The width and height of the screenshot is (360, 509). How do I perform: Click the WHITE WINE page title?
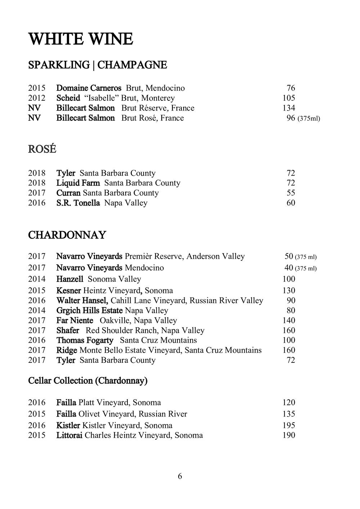[x=81, y=39]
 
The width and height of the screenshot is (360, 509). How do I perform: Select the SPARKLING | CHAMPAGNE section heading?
[x=98, y=65]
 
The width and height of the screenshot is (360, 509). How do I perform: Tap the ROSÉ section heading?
[x=42, y=149]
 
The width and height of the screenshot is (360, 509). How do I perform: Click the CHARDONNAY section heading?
[x=67, y=235]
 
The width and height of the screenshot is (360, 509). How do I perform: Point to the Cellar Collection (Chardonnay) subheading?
[x=88, y=380]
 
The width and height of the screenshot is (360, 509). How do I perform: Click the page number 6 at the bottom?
[x=180, y=476]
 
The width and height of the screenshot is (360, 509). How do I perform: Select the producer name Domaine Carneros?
[x=89, y=88]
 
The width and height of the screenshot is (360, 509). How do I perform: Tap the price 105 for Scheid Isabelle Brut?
[x=289, y=98]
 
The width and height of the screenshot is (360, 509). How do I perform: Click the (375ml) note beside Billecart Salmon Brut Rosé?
[x=309, y=118]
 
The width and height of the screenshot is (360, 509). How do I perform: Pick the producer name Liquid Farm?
[x=78, y=183]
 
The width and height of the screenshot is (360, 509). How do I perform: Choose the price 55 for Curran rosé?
[x=291, y=193]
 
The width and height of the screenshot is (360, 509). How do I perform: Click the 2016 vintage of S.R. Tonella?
[x=37, y=203]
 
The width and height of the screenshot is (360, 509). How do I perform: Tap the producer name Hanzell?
[x=70, y=279]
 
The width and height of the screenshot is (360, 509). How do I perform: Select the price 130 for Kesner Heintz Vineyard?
[x=289, y=290]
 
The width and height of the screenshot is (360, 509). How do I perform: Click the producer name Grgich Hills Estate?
[x=90, y=310]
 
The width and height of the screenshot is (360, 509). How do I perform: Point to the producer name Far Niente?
[x=75, y=320]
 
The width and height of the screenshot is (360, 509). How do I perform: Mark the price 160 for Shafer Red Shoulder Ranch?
[x=289, y=330]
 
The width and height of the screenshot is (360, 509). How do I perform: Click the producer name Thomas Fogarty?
[x=85, y=340]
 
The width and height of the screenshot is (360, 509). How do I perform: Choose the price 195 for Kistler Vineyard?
[x=289, y=425]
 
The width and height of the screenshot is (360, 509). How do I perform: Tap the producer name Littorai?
[x=69, y=435]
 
